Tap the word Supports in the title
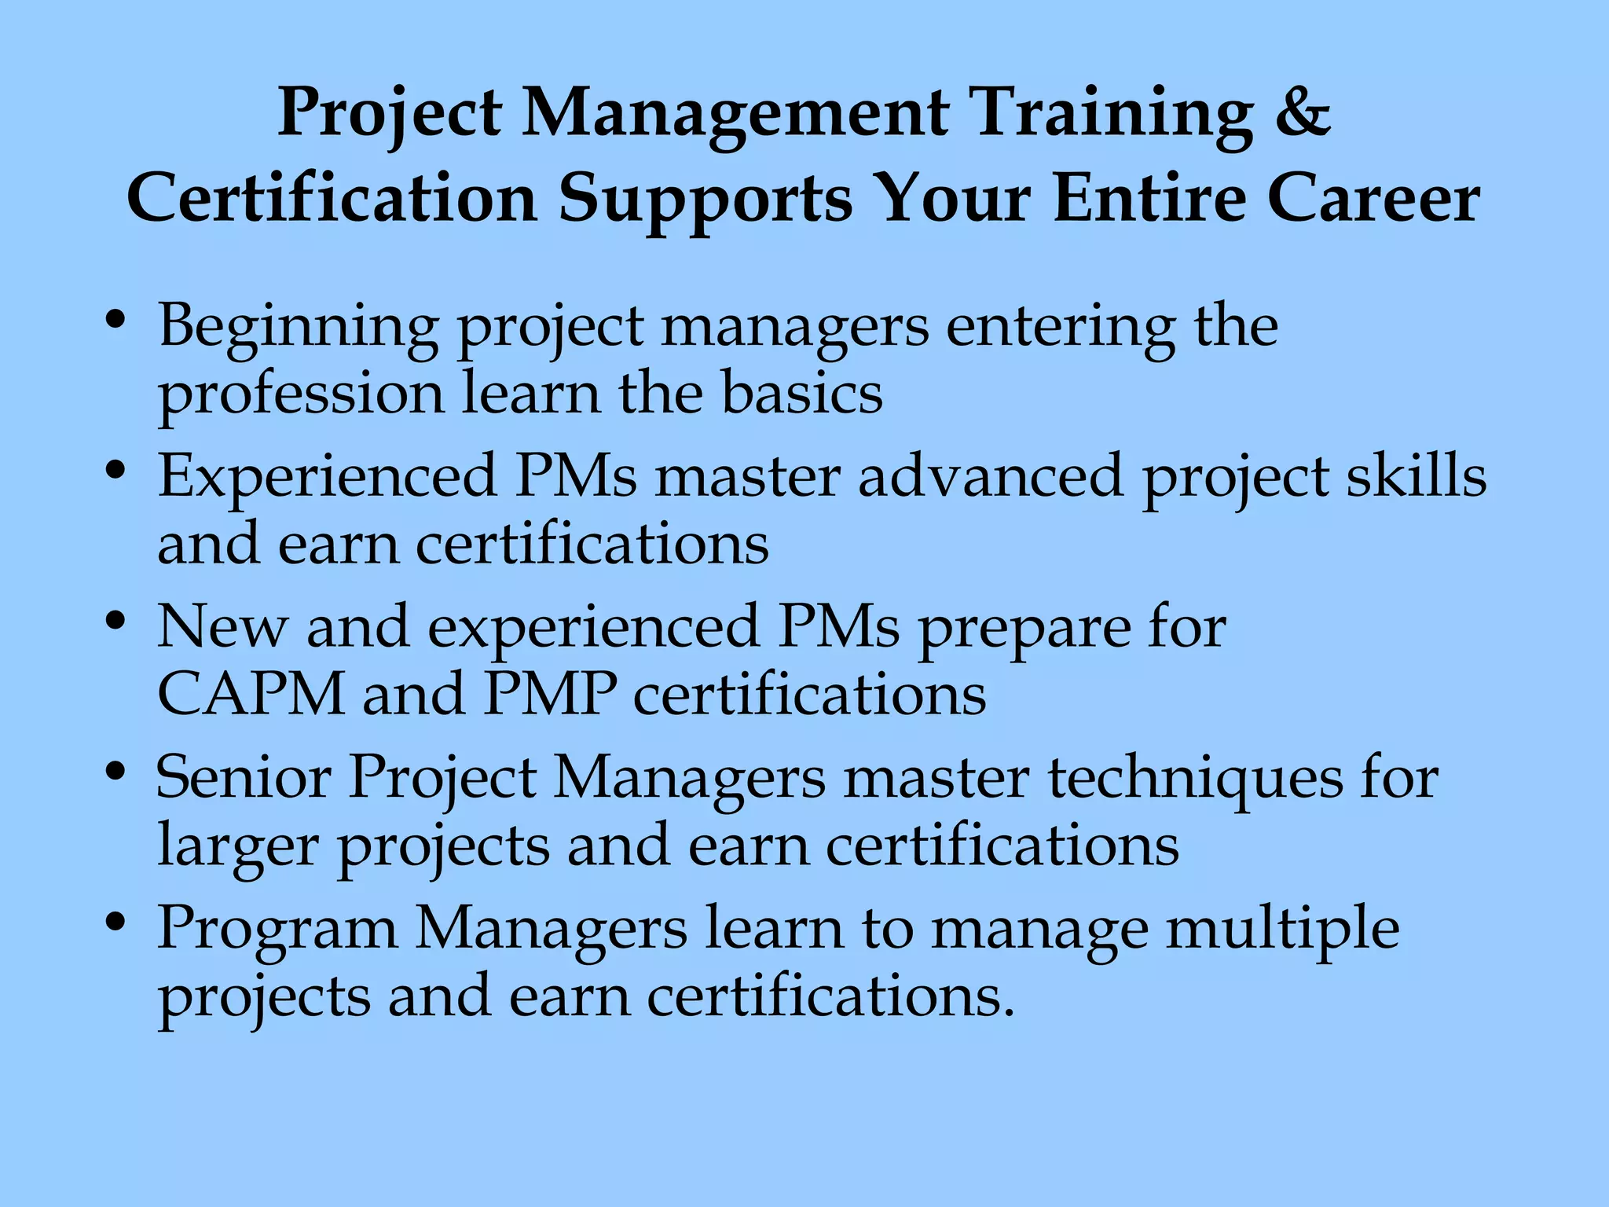(x=705, y=200)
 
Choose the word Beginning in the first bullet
(x=299, y=327)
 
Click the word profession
(x=301, y=394)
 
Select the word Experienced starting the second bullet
(x=327, y=476)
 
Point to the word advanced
(x=991, y=476)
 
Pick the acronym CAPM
(x=251, y=695)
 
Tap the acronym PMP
(x=550, y=695)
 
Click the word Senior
(x=243, y=778)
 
